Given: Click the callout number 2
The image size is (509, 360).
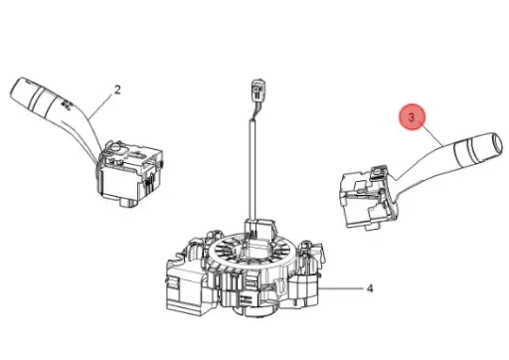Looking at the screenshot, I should coord(117,90).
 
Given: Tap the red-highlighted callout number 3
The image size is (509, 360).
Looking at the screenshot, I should coord(412,118).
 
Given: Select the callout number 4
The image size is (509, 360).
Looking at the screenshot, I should coord(369,289).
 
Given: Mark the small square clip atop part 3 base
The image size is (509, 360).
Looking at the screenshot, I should coord(378,170).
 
